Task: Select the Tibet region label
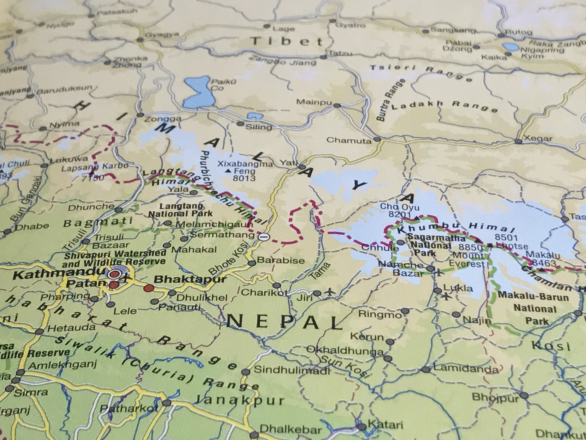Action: click(x=287, y=41)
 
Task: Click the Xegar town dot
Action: click(x=518, y=141)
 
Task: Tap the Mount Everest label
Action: click(x=467, y=259)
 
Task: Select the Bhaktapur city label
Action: click(x=190, y=279)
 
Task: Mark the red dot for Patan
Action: click(x=114, y=285)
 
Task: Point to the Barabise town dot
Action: click(x=251, y=263)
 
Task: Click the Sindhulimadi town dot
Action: click(x=245, y=372)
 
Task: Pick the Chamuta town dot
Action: click(x=377, y=139)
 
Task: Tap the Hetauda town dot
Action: click(x=40, y=332)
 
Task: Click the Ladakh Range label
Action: click(x=444, y=106)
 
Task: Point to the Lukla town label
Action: click(x=458, y=288)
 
